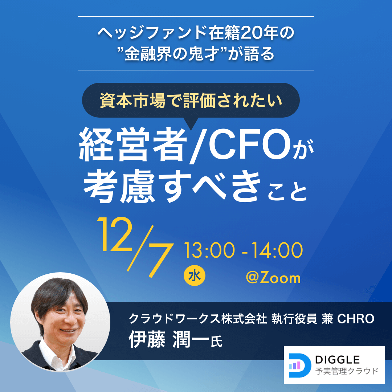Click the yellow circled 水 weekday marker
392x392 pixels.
[195, 276]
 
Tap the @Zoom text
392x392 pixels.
[273, 278]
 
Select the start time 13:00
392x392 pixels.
[209, 250]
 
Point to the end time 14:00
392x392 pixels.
[277, 250]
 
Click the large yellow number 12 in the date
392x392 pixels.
[115, 234]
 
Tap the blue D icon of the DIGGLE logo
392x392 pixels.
[299, 365]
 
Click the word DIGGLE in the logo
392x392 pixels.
[337, 360]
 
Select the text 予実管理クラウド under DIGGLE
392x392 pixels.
[347, 371]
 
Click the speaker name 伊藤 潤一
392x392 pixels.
[169, 339]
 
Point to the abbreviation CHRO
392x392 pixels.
[355, 319]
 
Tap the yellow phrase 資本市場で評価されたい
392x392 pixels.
[191, 100]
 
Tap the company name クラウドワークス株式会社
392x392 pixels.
[198, 319]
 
